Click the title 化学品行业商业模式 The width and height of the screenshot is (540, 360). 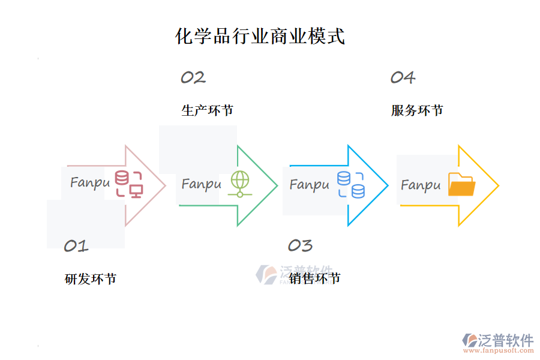[x=260, y=36]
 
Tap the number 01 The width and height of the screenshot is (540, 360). [x=76, y=245]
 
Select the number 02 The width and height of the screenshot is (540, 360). [x=193, y=77]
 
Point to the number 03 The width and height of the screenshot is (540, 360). [x=300, y=245]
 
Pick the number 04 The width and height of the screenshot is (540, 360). [x=403, y=77]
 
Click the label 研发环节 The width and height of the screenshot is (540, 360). [x=91, y=279]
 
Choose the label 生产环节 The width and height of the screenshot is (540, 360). [x=208, y=110]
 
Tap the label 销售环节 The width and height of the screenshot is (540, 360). [x=314, y=279]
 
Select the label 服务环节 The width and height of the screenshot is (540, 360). [x=417, y=110]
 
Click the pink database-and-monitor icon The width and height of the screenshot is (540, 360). [x=129, y=184]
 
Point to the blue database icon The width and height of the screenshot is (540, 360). [x=351, y=184]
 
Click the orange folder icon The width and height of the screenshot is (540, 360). [x=461, y=184]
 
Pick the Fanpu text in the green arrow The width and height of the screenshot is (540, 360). [x=201, y=184]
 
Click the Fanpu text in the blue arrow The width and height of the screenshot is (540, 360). [x=310, y=184]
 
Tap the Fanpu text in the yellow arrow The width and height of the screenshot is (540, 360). [x=421, y=185]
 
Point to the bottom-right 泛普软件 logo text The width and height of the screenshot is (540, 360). [x=506, y=340]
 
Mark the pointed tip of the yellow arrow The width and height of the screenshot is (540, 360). [x=498, y=185]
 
